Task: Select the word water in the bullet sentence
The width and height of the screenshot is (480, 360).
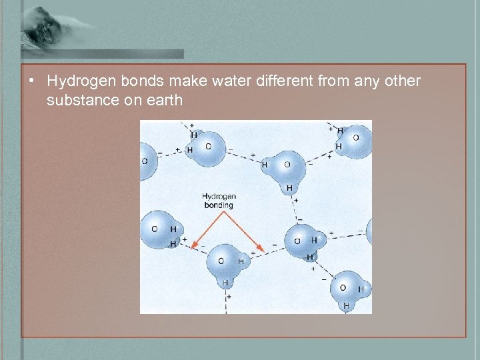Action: [213, 81]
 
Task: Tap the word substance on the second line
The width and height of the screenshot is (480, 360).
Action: [79, 101]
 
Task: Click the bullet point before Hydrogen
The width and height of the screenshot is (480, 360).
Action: [31, 81]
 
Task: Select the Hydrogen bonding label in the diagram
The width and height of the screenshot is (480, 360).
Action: [219, 201]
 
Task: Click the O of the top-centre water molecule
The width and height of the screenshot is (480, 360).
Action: [287, 165]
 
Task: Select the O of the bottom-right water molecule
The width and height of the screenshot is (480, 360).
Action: [343, 287]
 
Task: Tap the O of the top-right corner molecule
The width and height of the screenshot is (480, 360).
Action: [355, 138]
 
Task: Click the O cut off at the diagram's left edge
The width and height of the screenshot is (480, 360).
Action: [145, 161]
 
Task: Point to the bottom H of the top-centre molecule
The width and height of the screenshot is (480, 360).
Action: [289, 189]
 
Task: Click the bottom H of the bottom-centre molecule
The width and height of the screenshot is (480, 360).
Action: [225, 283]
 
